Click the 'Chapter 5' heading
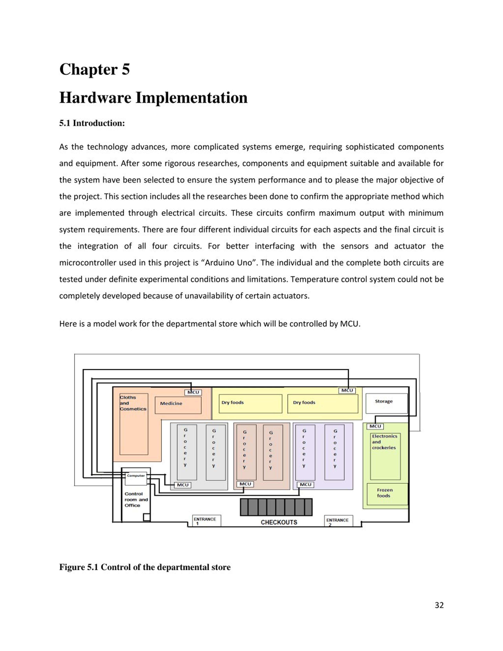[x=95, y=69]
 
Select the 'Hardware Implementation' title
[x=153, y=98]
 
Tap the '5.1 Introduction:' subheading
[x=92, y=123]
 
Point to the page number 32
[x=439, y=605]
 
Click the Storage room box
[x=386, y=403]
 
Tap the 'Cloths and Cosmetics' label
[x=133, y=403]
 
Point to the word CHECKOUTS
[x=279, y=522]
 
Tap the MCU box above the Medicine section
[x=193, y=392]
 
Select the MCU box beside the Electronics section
[x=375, y=426]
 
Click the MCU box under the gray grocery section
[x=182, y=485]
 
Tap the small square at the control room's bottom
[x=146, y=517]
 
